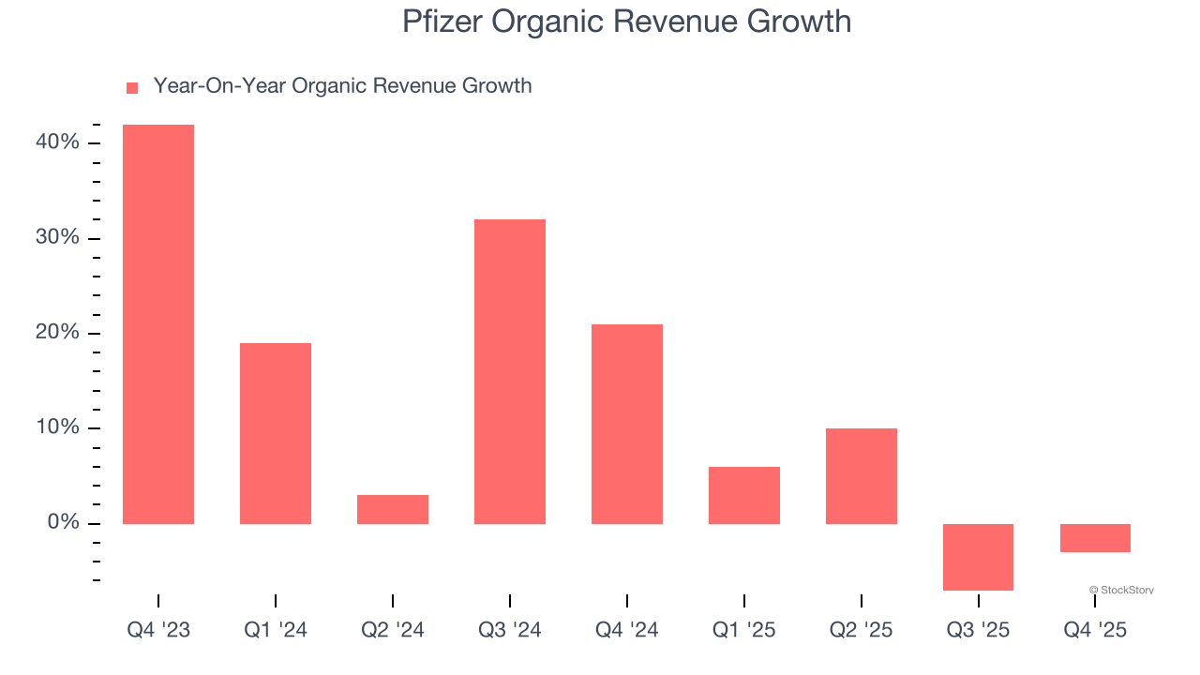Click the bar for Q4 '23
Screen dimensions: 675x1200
point(158,323)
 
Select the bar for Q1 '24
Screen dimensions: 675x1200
point(276,433)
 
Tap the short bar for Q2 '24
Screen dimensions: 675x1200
point(393,509)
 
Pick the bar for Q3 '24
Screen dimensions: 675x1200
point(510,371)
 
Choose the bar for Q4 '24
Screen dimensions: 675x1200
point(627,424)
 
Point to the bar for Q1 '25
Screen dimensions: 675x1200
point(744,495)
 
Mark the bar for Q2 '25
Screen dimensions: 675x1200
point(862,476)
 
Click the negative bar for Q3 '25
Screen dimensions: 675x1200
point(978,557)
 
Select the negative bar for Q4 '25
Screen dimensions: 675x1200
point(1095,538)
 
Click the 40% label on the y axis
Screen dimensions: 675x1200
point(57,142)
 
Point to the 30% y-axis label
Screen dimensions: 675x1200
point(57,238)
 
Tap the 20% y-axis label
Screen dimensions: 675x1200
point(57,333)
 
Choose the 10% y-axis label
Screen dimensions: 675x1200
point(57,428)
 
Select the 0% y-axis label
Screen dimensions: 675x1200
point(63,523)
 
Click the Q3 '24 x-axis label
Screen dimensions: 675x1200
point(510,631)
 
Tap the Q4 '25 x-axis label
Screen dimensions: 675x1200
point(1095,631)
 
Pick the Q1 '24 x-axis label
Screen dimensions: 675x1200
point(276,631)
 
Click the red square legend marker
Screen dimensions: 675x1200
point(132,87)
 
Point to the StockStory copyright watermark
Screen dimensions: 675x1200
point(1121,591)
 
